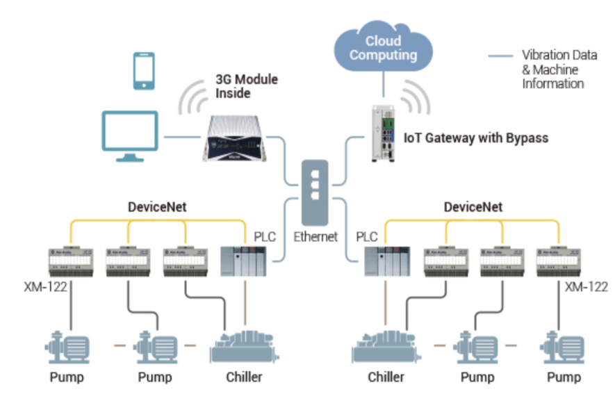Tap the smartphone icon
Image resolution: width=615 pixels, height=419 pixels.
tap(144, 71)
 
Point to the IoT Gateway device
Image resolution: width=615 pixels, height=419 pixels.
tap(383, 133)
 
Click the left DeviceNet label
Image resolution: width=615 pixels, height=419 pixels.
tap(158, 206)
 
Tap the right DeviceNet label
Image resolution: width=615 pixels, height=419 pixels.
tap(473, 206)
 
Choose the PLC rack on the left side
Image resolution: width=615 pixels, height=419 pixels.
tap(242, 260)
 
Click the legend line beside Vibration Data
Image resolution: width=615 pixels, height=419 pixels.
tap(498, 55)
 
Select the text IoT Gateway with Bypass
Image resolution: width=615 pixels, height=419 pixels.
tap(476, 138)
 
